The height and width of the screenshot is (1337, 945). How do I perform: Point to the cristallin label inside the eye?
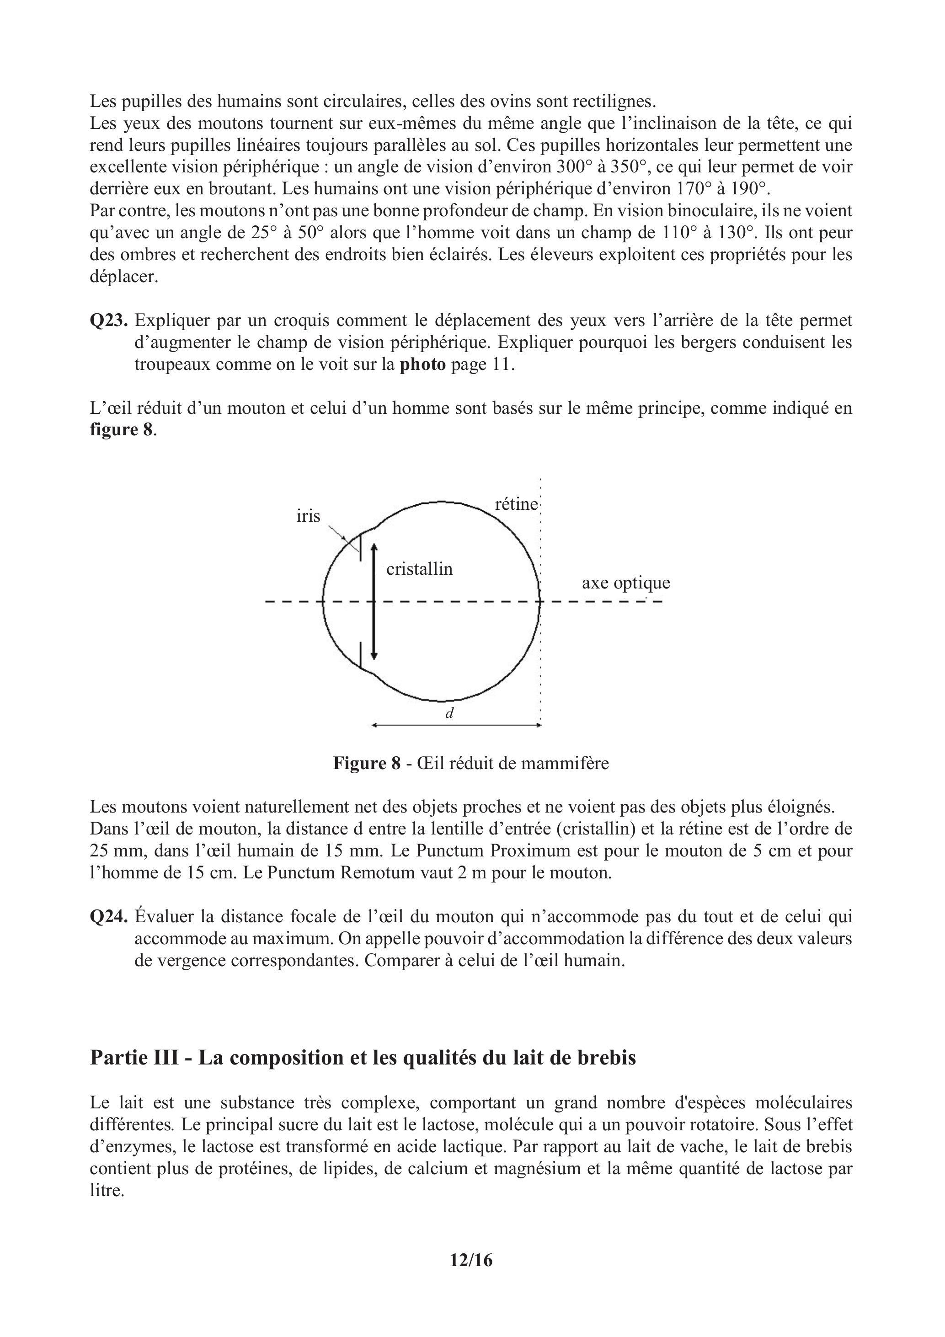coord(419,569)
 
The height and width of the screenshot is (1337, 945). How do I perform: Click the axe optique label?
coord(626,583)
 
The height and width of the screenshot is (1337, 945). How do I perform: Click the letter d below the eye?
coord(449,713)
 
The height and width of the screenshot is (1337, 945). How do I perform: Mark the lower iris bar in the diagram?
coord(360,655)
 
